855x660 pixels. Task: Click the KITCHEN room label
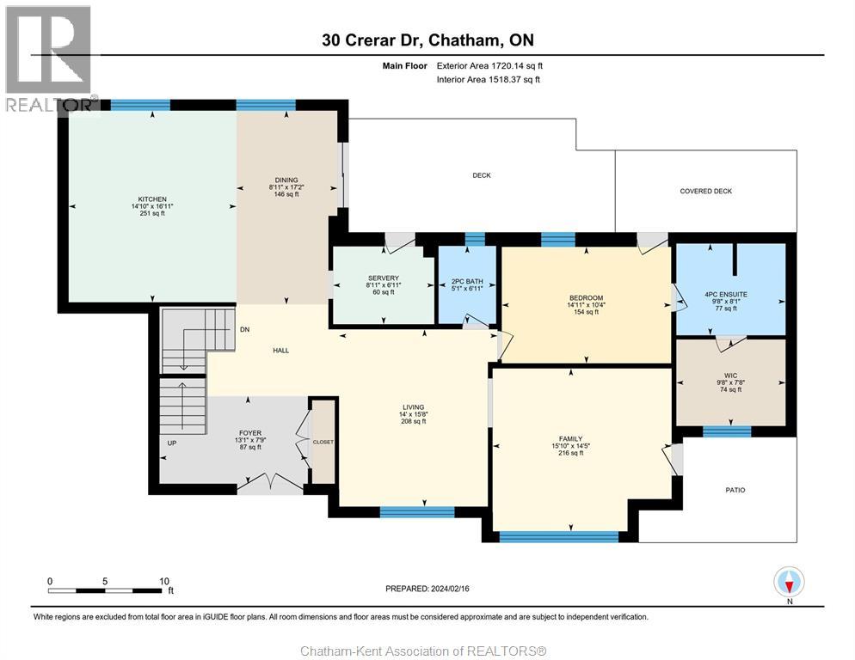point(152,199)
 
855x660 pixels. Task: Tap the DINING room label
point(286,180)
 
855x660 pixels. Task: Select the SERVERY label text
point(384,278)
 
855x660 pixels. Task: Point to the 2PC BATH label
point(467,281)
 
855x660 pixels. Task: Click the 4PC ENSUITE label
point(726,294)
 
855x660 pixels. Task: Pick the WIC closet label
point(730,376)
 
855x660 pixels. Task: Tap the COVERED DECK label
point(705,192)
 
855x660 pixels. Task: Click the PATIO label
point(735,490)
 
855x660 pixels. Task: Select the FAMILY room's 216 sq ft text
point(571,453)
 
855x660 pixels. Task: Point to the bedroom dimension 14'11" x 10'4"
point(586,305)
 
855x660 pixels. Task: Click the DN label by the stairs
point(245,330)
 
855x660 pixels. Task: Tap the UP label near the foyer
point(172,443)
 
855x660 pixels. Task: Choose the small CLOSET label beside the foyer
point(323,442)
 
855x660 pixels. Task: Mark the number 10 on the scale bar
point(164,582)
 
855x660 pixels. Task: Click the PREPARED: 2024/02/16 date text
point(427,589)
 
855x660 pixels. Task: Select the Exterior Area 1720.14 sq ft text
point(489,66)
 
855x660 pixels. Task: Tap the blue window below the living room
point(417,512)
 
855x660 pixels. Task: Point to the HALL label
point(280,351)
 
